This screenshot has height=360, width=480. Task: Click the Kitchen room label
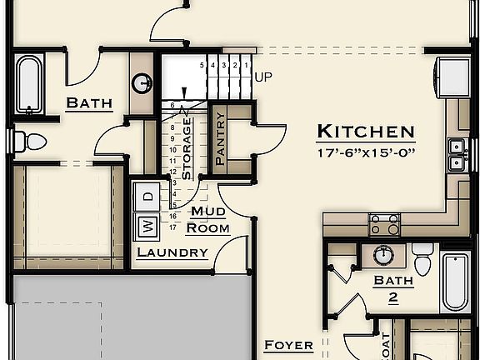[x=365, y=131]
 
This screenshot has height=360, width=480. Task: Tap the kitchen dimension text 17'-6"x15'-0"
[x=365, y=152]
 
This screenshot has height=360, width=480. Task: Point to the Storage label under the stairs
[x=187, y=148]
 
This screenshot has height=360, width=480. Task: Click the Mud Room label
[x=207, y=220]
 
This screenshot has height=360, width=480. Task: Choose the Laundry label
[x=172, y=252]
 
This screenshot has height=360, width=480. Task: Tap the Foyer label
[x=288, y=345]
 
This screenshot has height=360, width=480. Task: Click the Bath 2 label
[x=392, y=288]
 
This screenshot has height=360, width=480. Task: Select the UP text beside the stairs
[x=263, y=77]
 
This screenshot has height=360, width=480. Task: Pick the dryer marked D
[x=147, y=197]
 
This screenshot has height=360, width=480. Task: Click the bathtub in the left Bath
[x=28, y=83]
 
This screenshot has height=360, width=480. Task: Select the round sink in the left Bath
[x=142, y=82]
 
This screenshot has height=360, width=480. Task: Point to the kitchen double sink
[x=456, y=155]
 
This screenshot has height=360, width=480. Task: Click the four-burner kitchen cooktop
[x=384, y=223]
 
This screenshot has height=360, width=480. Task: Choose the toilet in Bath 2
[x=422, y=260]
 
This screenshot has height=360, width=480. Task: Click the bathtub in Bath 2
[x=456, y=281]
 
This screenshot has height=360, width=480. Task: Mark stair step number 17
[x=172, y=226]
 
